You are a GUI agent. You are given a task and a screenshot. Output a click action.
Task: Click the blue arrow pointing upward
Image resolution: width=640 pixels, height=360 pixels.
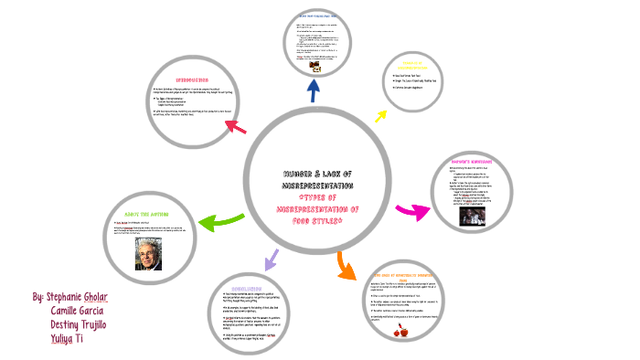315,90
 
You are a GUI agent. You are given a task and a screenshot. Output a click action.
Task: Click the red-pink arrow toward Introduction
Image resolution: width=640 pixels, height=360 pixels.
235,125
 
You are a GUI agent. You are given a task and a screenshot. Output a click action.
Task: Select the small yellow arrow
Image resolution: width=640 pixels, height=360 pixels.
379,116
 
